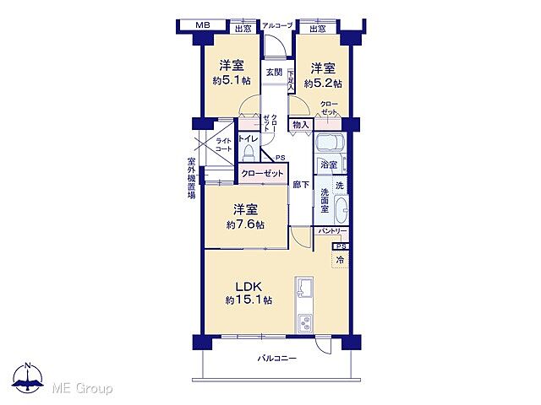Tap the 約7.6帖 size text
[245, 225]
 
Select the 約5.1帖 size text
[232, 81]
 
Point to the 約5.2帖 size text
[325, 84]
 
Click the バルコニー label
[277, 359]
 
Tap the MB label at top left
[203, 26]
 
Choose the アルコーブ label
[276, 26]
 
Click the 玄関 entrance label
[273, 73]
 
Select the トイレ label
[248, 138]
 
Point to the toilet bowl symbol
[248, 153]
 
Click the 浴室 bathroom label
[328, 165]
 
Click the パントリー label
[332, 230]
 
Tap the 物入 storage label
[300, 125]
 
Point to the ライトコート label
[223, 144]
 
